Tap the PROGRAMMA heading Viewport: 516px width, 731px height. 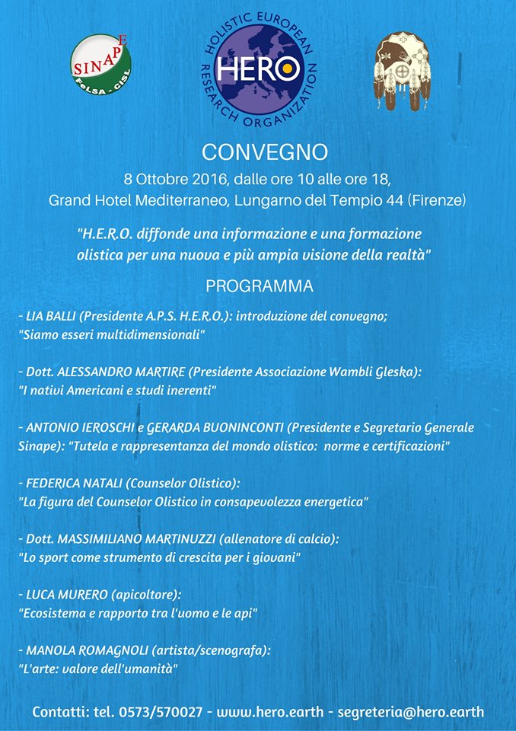click(259, 287)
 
